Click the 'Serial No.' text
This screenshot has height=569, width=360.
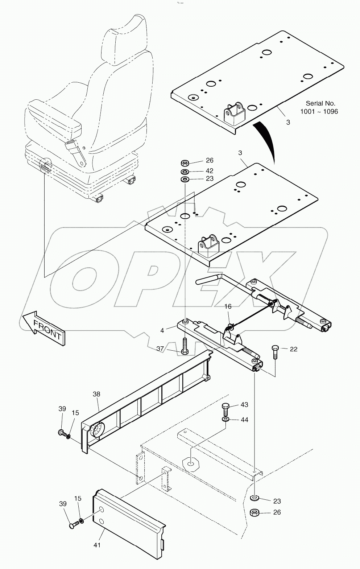click(320, 103)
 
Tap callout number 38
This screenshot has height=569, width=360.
click(96, 394)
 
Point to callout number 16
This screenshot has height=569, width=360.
click(227, 306)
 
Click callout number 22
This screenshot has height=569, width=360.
click(294, 349)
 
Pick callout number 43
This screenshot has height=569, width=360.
click(244, 404)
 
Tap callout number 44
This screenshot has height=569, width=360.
click(244, 420)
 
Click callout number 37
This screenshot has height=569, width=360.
click(160, 349)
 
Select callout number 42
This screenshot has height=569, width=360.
click(209, 170)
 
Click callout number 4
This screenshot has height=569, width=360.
click(162, 330)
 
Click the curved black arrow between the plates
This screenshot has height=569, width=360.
click(266, 140)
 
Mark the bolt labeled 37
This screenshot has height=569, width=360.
click(185, 346)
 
